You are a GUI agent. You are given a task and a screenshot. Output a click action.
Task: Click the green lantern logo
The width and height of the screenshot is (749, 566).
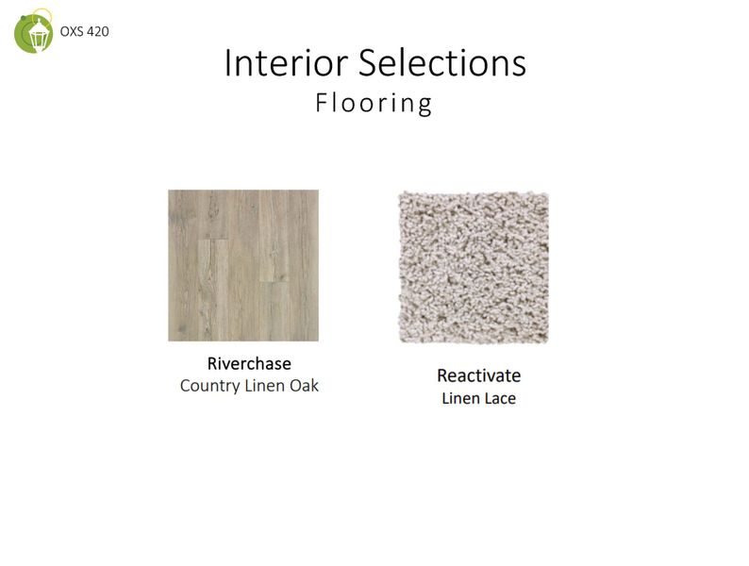[x=34, y=31]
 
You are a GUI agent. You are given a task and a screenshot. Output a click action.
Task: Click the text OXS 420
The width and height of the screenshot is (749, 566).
[x=85, y=32]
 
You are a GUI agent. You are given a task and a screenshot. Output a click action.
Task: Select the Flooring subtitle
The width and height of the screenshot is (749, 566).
[x=374, y=103]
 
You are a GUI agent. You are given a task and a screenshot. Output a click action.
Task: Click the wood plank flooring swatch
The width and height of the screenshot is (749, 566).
[x=243, y=265]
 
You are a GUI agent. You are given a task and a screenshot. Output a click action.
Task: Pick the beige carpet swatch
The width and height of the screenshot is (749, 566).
[x=473, y=268]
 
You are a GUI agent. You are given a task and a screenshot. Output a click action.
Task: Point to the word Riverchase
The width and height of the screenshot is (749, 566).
[x=249, y=363]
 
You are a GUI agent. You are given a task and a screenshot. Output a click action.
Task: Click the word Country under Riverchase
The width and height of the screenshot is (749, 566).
[x=209, y=386]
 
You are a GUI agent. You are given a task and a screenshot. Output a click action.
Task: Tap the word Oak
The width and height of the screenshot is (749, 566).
[x=303, y=386]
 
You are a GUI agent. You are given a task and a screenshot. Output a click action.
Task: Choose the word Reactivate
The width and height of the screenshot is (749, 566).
[x=478, y=375]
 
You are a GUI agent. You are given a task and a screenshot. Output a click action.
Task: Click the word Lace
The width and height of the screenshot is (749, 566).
[x=500, y=398]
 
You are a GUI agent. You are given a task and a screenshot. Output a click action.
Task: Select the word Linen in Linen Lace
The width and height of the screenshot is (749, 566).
[x=460, y=398]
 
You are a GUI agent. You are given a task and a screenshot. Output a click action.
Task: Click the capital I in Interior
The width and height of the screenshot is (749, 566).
[x=229, y=63]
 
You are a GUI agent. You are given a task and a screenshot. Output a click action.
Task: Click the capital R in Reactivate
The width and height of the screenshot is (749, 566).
[x=442, y=375]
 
